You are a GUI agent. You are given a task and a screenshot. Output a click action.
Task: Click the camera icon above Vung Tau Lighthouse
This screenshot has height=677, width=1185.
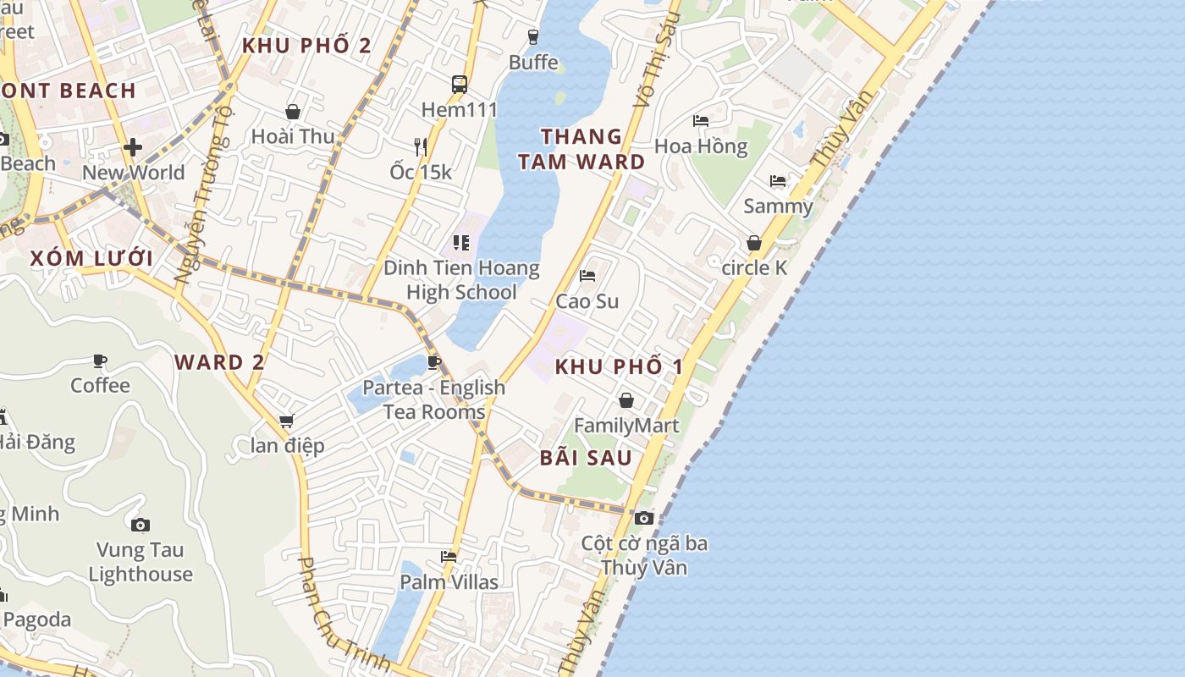click(141, 525)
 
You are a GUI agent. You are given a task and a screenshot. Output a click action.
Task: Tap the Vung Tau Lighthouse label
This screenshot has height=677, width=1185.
click(141, 562)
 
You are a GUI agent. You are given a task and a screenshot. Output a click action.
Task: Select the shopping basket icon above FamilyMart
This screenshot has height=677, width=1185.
click(626, 400)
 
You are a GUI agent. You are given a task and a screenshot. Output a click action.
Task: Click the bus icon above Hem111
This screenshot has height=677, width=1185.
click(460, 84)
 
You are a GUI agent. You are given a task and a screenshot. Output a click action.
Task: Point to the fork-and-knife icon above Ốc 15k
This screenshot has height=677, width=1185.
click(420, 146)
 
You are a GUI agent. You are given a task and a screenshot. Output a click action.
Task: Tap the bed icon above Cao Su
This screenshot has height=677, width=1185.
click(587, 276)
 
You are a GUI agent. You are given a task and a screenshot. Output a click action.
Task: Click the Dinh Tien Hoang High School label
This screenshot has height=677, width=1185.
click(461, 280)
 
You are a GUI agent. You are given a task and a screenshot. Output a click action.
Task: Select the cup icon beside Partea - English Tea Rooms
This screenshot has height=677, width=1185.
click(434, 363)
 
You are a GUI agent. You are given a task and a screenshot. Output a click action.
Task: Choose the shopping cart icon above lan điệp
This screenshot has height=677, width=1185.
click(286, 421)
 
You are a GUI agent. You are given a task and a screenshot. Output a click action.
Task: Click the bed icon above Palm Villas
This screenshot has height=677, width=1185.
click(449, 557)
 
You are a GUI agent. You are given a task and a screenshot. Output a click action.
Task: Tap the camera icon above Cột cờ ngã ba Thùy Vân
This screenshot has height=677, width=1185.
click(644, 518)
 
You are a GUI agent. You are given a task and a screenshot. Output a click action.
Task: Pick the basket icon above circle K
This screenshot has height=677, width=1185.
click(754, 243)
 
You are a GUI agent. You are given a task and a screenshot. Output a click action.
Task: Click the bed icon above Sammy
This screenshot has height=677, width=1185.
click(778, 181)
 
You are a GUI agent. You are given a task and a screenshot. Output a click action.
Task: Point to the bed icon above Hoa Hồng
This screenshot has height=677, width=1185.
click(701, 121)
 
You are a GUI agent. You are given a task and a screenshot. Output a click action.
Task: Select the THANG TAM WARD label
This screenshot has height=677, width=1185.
click(581, 149)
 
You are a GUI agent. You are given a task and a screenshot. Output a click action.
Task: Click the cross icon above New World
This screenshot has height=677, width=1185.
click(133, 147)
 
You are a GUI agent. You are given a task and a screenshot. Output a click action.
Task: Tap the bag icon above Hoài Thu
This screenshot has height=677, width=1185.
click(293, 112)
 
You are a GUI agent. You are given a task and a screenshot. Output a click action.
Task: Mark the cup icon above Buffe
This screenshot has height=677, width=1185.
click(533, 36)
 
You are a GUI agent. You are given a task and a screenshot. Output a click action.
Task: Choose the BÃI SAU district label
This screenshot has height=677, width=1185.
click(586, 458)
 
